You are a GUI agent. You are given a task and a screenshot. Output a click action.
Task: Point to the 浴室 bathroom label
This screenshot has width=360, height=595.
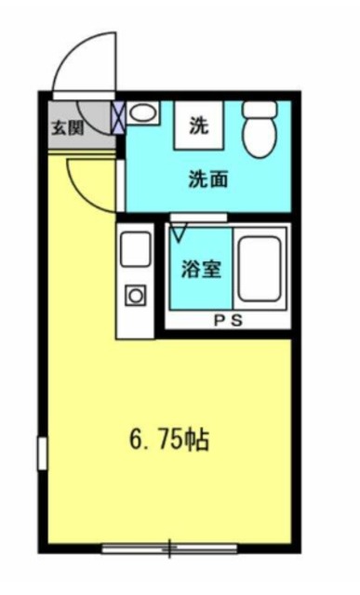point(201,271)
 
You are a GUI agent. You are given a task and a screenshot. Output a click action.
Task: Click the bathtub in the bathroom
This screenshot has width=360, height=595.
point(260,269)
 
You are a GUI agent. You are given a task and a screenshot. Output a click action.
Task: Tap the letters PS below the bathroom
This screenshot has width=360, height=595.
point(227,321)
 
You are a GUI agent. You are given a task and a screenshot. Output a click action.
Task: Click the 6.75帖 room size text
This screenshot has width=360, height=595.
point(169,438)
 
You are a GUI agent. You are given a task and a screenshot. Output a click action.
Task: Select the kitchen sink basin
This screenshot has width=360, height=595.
point(136,249)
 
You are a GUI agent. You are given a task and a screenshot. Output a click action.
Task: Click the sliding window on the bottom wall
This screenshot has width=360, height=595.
point(169,549)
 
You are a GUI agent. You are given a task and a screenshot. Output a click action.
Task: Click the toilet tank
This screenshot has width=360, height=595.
point(260,109)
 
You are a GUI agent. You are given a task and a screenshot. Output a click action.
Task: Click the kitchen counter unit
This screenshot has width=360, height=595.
point(136,279)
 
